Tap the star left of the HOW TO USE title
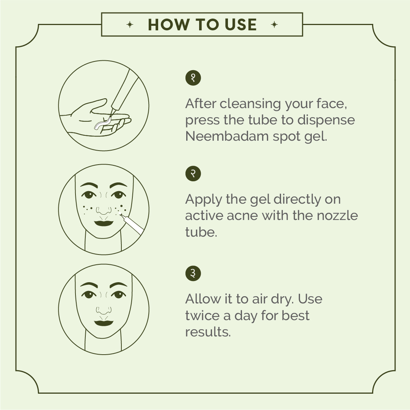pyautogui.click(x=130, y=25)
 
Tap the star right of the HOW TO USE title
pyautogui.click(x=274, y=25)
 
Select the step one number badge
pyautogui.click(x=193, y=78)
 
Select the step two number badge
pyautogui.click(x=193, y=174)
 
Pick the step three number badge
pyautogui.click(x=193, y=273)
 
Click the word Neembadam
pyautogui.click(x=227, y=136)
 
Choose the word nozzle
pyautogui.click(x=337, y=215)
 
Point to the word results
pyautogui.click(x=208, y=332)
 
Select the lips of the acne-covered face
pyautogui.click(x=104, y=223)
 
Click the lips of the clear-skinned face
pyautogui.click(x=104, y=323)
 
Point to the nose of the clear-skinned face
pyautogui.click(x=104, y=310)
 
